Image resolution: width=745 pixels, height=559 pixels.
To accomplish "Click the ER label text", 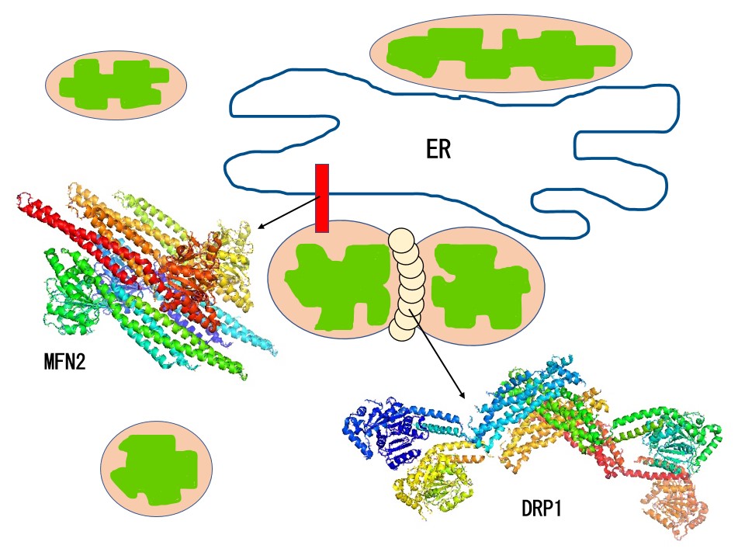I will click(x=438, y=149).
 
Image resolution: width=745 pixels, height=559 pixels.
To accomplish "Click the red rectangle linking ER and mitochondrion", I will click(x=322, y=198).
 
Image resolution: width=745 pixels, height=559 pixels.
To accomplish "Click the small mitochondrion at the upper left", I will click(x=116, y=85).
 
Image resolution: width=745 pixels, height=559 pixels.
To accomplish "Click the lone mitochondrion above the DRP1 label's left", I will click(x=156, y=468).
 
